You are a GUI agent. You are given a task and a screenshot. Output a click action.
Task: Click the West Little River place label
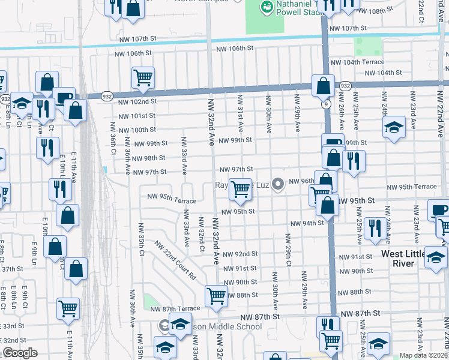(x=406, y=259)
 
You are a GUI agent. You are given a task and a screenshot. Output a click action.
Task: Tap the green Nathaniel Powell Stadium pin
(x=265, y=8)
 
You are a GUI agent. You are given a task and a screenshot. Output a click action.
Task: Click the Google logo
(x=19, y=353)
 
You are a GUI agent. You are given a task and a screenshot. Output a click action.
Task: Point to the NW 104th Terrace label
(x=357, y=62)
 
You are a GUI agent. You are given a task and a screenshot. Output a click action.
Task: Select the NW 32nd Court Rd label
(x=175, y=262)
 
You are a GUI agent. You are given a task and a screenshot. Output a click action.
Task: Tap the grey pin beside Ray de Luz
(x=277, y=184)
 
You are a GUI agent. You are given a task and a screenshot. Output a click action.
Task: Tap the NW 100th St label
(x=137, y=130)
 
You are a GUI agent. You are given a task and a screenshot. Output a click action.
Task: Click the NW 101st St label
(x=137, y=116)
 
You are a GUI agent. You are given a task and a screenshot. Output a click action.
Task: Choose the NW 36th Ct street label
(x=112, y=138)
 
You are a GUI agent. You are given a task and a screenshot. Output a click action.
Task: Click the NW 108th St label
(x=385, y=11)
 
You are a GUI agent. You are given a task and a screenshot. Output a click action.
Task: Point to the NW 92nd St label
(x=240, y=254)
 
